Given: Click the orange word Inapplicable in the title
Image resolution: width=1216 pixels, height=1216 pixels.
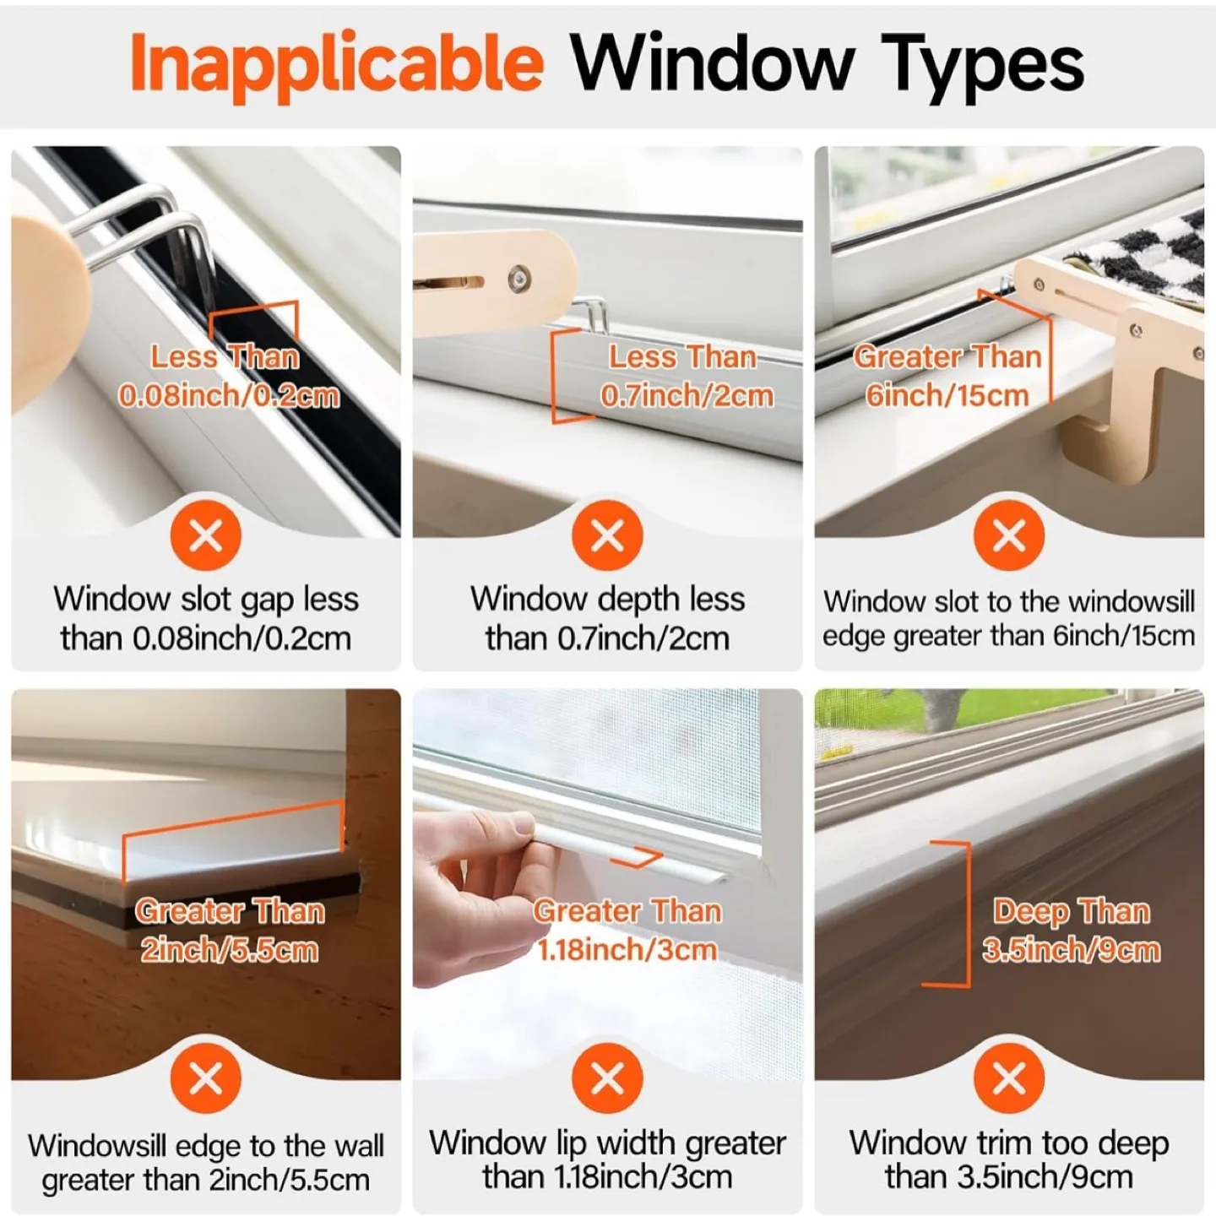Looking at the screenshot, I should coord(336,64).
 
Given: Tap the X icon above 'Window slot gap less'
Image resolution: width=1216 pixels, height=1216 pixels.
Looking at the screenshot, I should coord(206,535).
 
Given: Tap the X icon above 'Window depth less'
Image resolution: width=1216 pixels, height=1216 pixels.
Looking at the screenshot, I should coord(607,535).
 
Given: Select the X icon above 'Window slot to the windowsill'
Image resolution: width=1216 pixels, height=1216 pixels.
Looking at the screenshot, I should coord(1008,535).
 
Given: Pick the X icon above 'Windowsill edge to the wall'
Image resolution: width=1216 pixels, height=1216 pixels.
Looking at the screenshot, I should coord(206,1078).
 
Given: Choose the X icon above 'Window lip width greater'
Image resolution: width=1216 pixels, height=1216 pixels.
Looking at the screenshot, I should coord(607,1078).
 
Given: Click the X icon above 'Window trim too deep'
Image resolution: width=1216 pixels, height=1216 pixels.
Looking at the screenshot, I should coord(1008,1078).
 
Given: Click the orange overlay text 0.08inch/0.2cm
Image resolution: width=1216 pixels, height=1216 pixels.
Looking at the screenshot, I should coord(229,395).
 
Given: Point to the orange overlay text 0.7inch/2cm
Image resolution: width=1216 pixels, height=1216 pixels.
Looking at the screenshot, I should coord(687,395).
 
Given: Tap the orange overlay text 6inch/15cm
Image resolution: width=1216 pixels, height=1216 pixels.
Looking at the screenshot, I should coord(947,395).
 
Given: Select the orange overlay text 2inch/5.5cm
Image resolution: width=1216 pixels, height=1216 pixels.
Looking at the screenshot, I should coord(229,950).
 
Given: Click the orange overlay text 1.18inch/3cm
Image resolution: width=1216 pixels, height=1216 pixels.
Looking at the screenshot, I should coord(627,950).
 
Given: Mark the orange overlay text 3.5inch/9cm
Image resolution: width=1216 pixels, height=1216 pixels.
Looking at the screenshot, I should coord(1071,950).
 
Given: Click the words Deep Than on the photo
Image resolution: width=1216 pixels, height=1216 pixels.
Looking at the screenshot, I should coord(1071,911).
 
